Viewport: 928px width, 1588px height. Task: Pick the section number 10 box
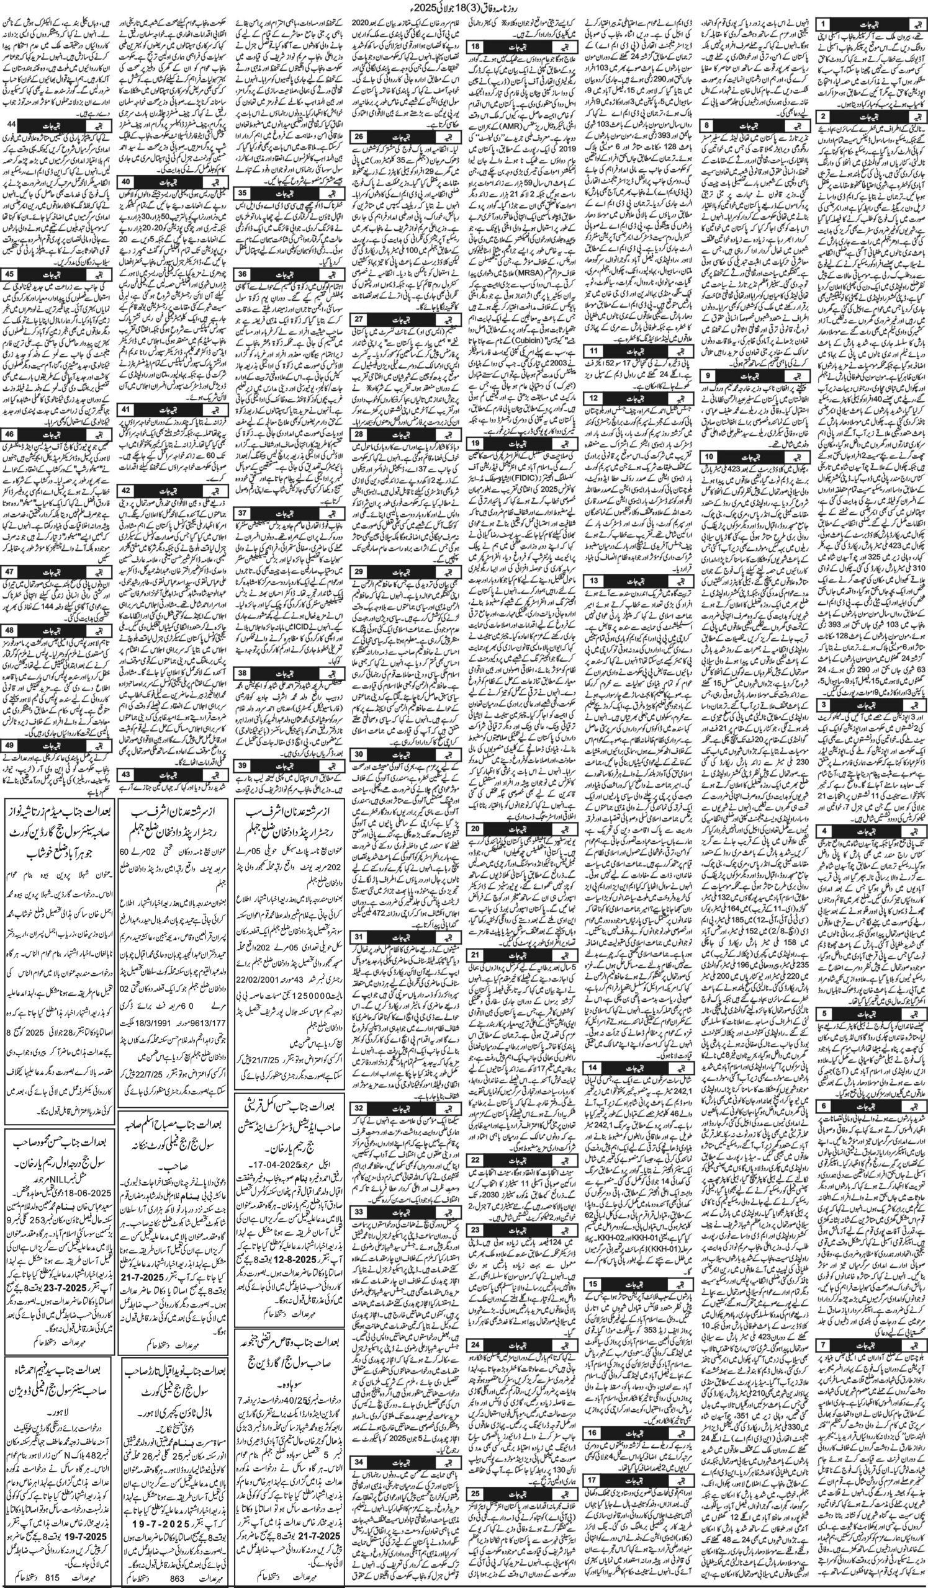click(x=710, y=454)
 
